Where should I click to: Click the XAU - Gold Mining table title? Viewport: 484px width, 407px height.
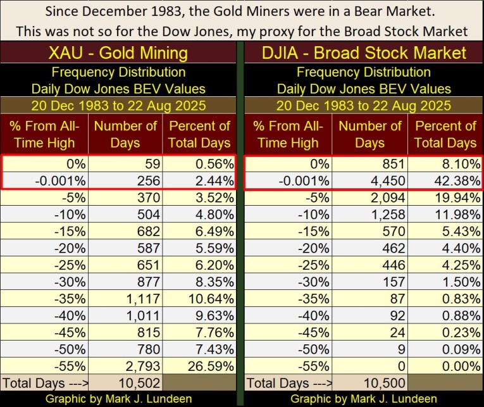(118, 53)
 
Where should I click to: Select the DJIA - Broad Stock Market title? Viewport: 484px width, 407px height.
(364, 53)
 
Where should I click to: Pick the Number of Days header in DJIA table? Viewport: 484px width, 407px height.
(370, 134)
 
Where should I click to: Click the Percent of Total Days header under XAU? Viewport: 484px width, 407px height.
(199, 134)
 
